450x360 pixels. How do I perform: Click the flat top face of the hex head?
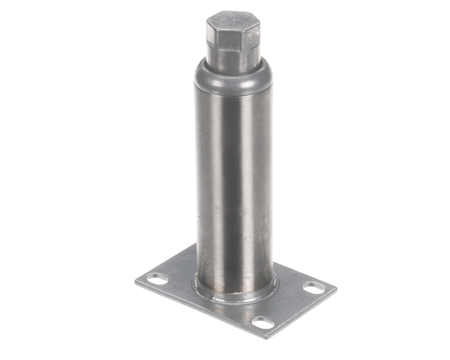232,19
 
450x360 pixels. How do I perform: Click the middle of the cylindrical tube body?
233,187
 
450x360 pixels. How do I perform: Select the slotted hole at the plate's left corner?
158,280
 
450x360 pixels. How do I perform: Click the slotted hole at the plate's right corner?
314,288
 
